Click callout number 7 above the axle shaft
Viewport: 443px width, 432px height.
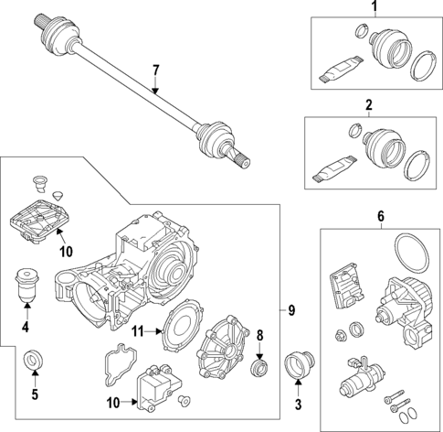click(x=155, y=70)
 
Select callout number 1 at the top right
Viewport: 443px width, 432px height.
click(x=372, y=9)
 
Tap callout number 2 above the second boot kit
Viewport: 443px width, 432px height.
click(x=370, y=106)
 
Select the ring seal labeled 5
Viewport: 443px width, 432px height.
click(x=34, y=361)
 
